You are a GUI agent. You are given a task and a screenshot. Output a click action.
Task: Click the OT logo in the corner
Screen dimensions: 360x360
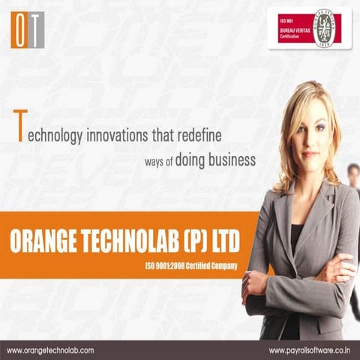[28, 30]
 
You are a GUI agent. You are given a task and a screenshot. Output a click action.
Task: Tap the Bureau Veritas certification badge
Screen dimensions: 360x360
[309, 28]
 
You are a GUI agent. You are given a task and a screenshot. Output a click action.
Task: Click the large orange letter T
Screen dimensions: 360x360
[20, 125]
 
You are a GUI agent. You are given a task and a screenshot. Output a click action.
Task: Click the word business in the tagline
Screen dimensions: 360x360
[232, 160]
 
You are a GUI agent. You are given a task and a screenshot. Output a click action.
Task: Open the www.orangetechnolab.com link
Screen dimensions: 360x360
[50, 350]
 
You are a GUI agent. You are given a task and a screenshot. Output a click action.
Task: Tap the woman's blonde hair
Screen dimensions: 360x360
[330, 127]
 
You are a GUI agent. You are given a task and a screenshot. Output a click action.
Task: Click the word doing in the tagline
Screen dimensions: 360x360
[190, 160]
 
